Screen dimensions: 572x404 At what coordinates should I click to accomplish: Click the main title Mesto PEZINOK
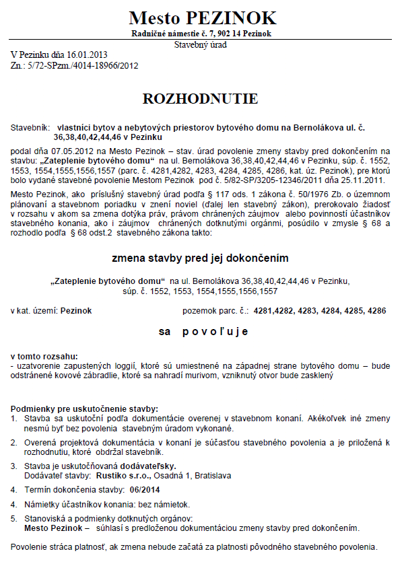tap(202, 17)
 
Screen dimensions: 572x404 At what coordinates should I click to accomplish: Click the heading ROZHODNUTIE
tap(201, 98)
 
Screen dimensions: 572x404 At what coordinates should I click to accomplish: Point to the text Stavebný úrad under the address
tap(201, 44)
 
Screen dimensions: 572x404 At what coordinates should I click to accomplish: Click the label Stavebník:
tap(30, 127)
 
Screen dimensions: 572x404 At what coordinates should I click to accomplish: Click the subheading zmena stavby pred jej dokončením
tap(201, 258)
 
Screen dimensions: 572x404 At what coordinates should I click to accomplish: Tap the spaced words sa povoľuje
tap(203, 331)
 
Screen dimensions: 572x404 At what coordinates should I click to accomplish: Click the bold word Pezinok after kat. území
tap(76, 311)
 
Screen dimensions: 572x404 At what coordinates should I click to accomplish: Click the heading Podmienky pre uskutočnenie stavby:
tap(85, 408)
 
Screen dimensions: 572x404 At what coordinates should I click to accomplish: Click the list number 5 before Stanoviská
tap(14, 518)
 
